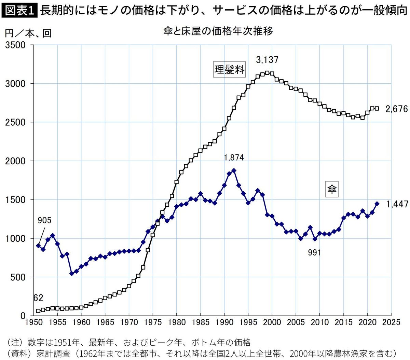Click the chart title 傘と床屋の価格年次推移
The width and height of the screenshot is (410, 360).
pyautogui.click(x=218, y=32)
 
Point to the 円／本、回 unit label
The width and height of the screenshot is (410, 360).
pyautogui.click(x=28, y=33)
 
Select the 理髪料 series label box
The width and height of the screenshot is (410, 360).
pyautogui.click(x=229, y=70)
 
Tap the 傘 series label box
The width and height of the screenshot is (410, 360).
pyautogui.click(x=332, y=189)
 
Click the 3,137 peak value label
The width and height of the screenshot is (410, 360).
pyautogui.click(x=267, y=60)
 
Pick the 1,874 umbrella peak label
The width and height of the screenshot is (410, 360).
pyautogui.click(x=234, y=157)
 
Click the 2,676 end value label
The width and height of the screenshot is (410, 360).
pyautogui.click(x=396, y=109)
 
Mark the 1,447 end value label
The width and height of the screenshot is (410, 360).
pyautogui.click(x=397, y=204)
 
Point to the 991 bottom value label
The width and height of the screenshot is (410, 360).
pyautogui.click(x=314, y=252)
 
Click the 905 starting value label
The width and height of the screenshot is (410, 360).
pyautogui.click(x=44, y=220)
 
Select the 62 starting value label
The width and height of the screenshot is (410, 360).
pyautogui.click(x=38, y=298)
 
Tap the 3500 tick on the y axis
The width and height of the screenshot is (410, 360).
pyautogui.click(x=15, y=45)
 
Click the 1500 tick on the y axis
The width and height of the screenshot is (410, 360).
pyautogui.click(x=15, y=200)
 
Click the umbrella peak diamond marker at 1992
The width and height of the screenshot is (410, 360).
pyautogui.click(x=234, y=170)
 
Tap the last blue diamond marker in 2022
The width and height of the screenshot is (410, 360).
pyautogui.click(x=377, y=204)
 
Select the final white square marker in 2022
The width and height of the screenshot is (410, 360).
pyautogui.click(x=377, y=108)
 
